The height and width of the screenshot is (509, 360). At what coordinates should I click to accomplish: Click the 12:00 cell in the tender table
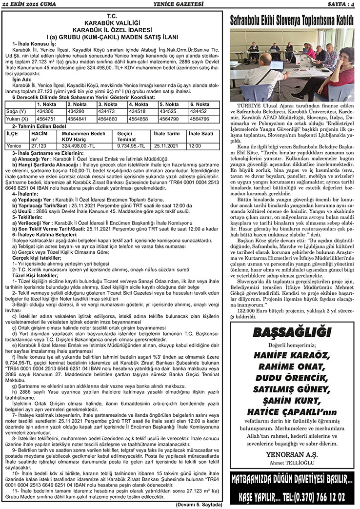click(x=195, y=145)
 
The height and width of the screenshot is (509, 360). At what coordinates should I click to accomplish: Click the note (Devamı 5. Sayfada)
click(x=199, y=504)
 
